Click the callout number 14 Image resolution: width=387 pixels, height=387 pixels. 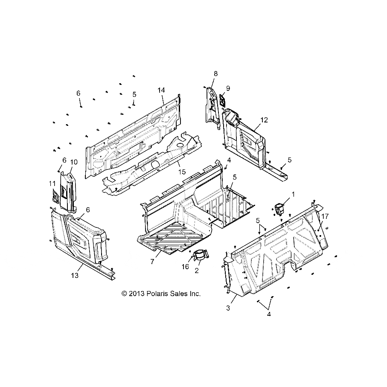161,90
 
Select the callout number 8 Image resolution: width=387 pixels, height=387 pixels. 215,73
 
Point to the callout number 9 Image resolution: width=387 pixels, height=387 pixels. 228,88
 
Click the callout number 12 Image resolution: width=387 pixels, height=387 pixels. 264,120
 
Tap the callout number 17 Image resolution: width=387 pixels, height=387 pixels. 325,216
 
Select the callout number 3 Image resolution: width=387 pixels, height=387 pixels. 228,308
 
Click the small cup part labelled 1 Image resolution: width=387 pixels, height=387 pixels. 279,209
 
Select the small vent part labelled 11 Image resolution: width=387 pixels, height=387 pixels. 55,197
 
